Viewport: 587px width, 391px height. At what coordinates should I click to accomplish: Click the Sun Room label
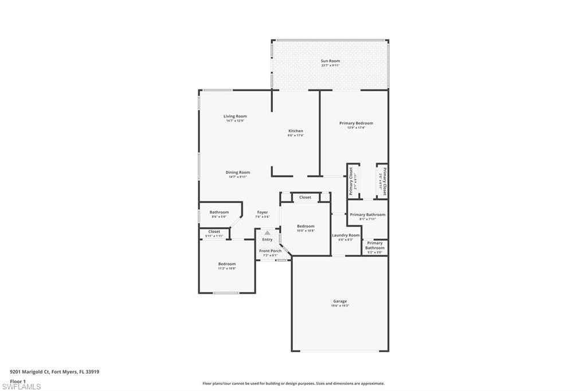click(330, 61)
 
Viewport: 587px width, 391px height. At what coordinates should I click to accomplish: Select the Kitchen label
click(295, 131)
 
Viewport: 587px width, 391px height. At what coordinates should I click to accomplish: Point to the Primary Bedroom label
click(356, 123)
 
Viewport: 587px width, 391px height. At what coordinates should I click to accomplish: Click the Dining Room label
click(237, 172)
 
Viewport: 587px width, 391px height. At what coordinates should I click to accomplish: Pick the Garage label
click(340, 301)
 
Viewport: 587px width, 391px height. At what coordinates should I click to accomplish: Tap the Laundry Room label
click(346, 235)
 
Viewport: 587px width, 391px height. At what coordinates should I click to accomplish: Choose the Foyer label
click(263, 212)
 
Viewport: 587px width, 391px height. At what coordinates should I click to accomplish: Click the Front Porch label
click(270, 251)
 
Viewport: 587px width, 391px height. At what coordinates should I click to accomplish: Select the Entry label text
click(267, 239)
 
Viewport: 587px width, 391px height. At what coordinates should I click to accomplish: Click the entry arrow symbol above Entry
click(267, 232)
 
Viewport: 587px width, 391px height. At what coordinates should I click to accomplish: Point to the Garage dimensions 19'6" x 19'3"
click(340, 306)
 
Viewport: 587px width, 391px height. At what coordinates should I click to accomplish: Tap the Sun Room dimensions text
click(330, 65)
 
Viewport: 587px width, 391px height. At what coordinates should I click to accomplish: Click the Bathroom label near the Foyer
click(219, 212)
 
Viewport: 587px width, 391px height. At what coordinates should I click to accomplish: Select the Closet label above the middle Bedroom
click(305, 197)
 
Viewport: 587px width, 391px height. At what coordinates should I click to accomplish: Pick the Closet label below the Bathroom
click(214, 232)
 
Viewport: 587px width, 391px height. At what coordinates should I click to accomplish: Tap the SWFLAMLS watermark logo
click(21, 386)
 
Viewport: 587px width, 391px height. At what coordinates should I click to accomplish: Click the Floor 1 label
click(18, 381)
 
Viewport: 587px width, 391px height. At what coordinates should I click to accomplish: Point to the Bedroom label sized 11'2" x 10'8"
click(226, 264)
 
